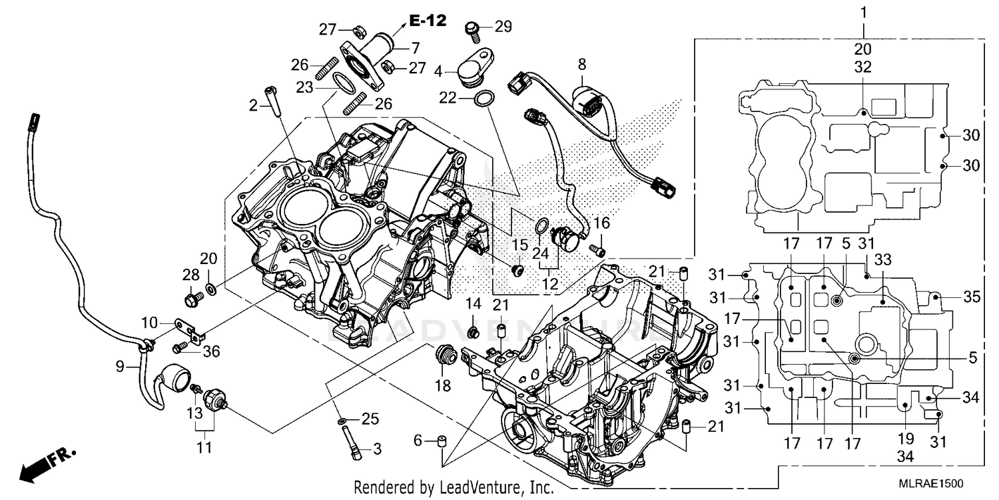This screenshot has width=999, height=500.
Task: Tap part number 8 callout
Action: (581, 65)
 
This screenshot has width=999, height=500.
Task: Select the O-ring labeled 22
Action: (485, 99)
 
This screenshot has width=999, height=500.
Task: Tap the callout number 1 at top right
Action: (864, 12)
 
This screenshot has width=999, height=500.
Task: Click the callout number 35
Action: (972, 297)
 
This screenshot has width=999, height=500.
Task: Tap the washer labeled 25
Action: (340, 420)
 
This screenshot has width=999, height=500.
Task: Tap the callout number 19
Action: (906, 439)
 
